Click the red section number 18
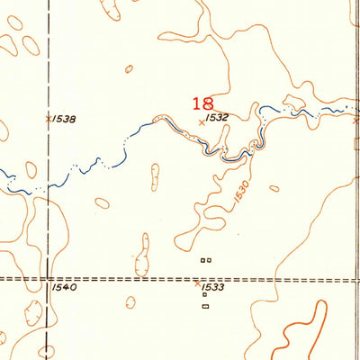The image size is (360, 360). coord(202,104)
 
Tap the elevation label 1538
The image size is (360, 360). coord(64,118)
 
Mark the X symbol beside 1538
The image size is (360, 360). coord(48,117)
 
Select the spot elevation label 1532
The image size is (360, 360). coord(214,118)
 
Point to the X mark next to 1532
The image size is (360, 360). coord(200,121)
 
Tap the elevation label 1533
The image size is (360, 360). coord(213,287)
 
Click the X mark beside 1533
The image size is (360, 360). coord(198,284)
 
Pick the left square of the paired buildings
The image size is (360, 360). coord(202,260)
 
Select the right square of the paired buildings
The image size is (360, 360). coord(209,260)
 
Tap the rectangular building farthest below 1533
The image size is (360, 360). coord(205,307)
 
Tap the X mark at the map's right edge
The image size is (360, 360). coord(355,119)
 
